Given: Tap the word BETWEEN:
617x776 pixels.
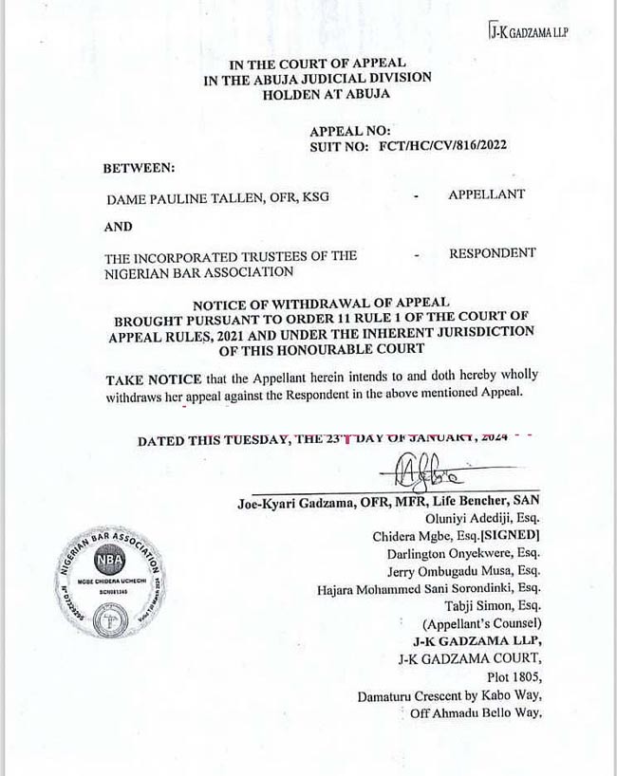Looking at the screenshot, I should (x=140, y=167).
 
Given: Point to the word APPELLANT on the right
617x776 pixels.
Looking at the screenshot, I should (x=486, y=194).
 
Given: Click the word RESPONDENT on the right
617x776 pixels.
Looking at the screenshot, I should (x=492, y=253).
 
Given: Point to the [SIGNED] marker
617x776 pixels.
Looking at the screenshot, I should (x=507, y=536).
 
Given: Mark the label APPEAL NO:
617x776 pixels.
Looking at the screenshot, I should (x=350, y=132).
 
